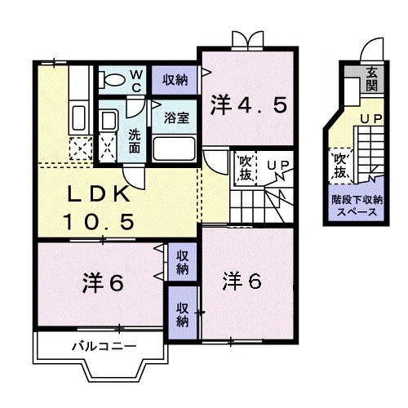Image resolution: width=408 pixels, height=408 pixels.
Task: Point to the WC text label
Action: click(136, 80)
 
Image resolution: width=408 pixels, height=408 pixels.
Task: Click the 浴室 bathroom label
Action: click(176, 117)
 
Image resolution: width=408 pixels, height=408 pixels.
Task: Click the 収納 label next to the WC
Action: click(175, 79)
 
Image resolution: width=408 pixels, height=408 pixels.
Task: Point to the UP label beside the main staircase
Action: click(277, 166)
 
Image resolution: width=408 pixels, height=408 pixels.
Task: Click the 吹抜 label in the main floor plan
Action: click(245, 168)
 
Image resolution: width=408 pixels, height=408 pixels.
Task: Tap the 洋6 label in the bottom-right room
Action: click(242, 281)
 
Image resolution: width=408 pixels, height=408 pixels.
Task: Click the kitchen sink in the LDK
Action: click(79, 114)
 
